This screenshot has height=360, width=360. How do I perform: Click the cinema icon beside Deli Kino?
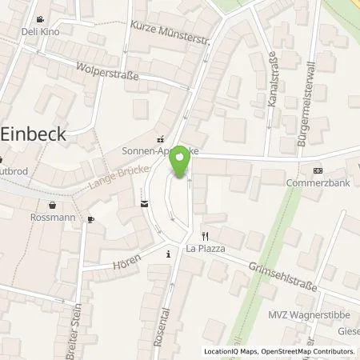[x=39, y=21]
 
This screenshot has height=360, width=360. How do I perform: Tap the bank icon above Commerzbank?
[x=318, y=170]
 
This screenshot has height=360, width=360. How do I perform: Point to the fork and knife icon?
[x=205, y=236]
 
